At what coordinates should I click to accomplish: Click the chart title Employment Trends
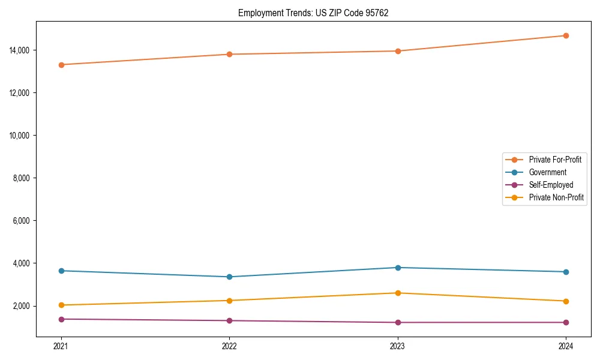tap(313, 13)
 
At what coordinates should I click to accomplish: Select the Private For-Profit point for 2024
tap(566, 35)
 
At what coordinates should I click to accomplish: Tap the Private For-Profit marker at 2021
tap(61, 65)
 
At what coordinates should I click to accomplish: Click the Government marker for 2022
tap(229, 277)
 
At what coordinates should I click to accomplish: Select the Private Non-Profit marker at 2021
tap(61, 305)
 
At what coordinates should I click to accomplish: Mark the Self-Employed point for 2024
tap(566, 322)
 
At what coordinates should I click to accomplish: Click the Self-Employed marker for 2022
tap(229, 320)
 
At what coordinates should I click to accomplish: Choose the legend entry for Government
tap(547, 172)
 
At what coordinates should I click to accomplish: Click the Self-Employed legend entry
tap(551, 185)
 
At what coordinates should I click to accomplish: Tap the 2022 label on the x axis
tap(229, 346)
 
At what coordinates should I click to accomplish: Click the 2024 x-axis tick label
tap(566, 346)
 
